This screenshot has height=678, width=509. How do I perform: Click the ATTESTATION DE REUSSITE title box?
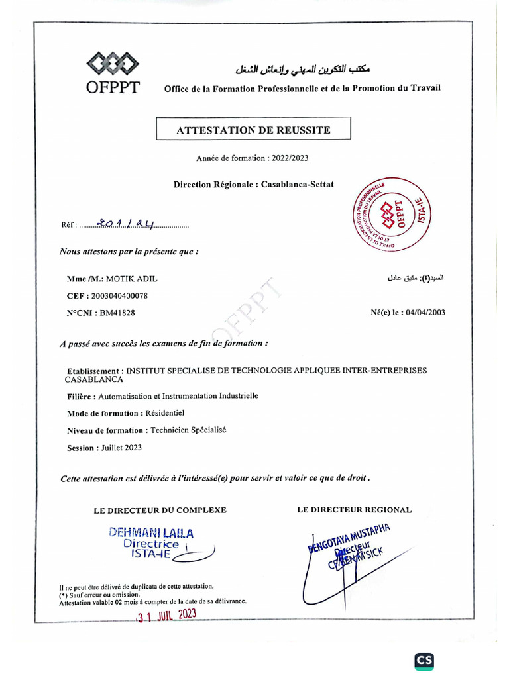[253, 130]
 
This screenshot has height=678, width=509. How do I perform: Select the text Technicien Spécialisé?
[188, 430]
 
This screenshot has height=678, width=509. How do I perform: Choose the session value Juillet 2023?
[121, 448]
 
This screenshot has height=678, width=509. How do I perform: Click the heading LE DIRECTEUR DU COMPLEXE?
[160, 510]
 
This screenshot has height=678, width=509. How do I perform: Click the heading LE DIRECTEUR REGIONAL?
[355, 510]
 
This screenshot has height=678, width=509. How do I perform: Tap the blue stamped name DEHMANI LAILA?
[152, 532]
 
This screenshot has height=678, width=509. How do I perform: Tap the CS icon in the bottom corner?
[424, 660]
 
